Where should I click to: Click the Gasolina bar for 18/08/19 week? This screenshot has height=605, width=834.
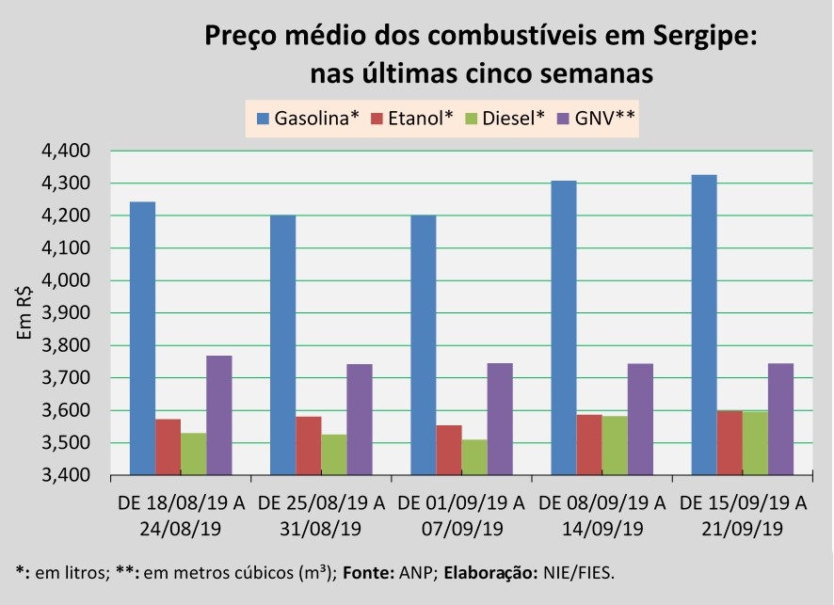click(142, 339)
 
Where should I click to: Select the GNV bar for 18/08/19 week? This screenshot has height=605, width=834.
click(218, 415)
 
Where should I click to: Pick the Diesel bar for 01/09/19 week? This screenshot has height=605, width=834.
click(473, 457)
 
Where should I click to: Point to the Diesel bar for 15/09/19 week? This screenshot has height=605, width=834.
click(754, 442)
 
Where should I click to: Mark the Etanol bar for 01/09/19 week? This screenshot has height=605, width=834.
click(448, 450)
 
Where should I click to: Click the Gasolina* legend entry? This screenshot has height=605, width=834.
click(308, 119)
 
